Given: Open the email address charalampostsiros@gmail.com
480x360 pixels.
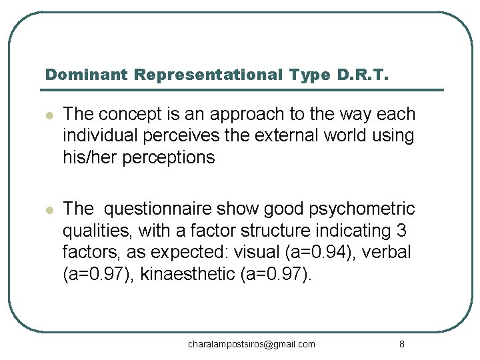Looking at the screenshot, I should click(251, 344).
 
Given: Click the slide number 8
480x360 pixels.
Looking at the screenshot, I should click(401, 344).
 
